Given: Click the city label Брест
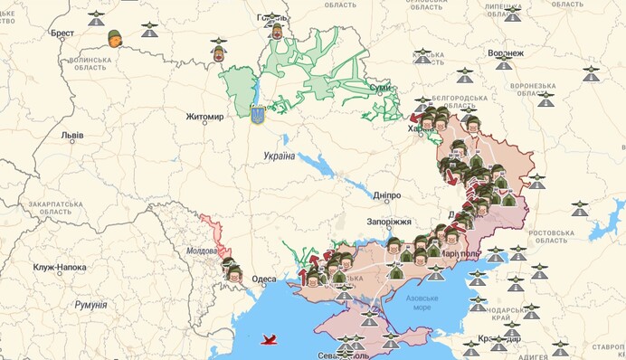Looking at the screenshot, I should (x=62, y=33).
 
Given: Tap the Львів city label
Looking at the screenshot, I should (x=72, y=136).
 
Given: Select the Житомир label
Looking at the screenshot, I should (x=204, y=117).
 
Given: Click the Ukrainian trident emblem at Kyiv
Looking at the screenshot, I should (x=257, y=113).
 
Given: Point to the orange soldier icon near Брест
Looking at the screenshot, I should (x=115, y=38).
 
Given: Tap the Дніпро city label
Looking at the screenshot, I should (x=386, y=194).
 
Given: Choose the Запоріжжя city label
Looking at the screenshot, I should (x=389, y=222).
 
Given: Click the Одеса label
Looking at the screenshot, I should (x=264, y=279).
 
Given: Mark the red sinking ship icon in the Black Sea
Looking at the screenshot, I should (x=270, y=340).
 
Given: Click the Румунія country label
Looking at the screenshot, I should (x=90, y=305).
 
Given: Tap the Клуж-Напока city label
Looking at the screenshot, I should (x=61, y=268).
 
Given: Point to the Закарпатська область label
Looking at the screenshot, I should (x=57, y=211).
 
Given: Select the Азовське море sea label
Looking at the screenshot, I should (x=423, y=302).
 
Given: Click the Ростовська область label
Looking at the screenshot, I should (x=564, y=236).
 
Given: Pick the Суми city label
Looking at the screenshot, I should (x=380, y=88).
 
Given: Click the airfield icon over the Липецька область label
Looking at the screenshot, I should (x=512, y=14).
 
